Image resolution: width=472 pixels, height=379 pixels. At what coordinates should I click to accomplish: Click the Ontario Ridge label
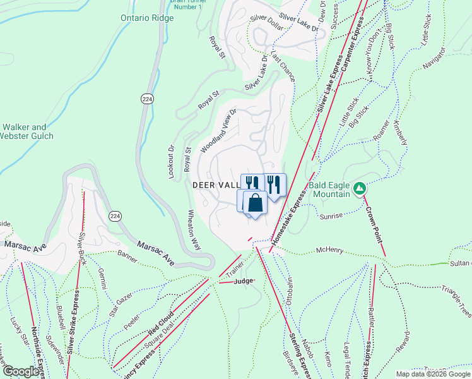pyautogui.click(x=147, y=18)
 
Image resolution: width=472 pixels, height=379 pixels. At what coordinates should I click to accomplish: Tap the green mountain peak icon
pyautogui.click(x=359, y=188)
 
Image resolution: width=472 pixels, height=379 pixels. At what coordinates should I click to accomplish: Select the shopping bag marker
pyautogui.click(x=255, y=203)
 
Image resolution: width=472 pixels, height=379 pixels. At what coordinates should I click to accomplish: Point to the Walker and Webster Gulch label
pyautogui.click(x=27, y=131)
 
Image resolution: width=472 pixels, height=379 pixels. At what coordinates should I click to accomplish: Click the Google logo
pyautogui.click(x=21, y=371)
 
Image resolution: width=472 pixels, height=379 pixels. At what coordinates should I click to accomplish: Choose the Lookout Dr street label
pyautogui.click(x=171, y=162)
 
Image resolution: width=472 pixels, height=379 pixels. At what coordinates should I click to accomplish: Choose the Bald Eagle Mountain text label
pyautogui.click(x=329, y=189)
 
